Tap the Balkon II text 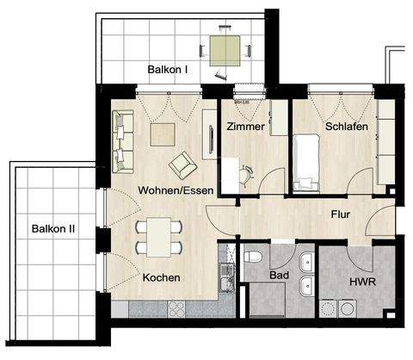tap(53, 228)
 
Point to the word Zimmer tap(245, 127)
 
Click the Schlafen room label tap(347, 127)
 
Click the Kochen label tap(161, 278)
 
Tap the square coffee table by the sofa tap(162, 133)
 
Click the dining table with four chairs tap(159, 237)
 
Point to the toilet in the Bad tap(253, 258)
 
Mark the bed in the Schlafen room tap(305, 164)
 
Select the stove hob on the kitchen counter tap(185, 307)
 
